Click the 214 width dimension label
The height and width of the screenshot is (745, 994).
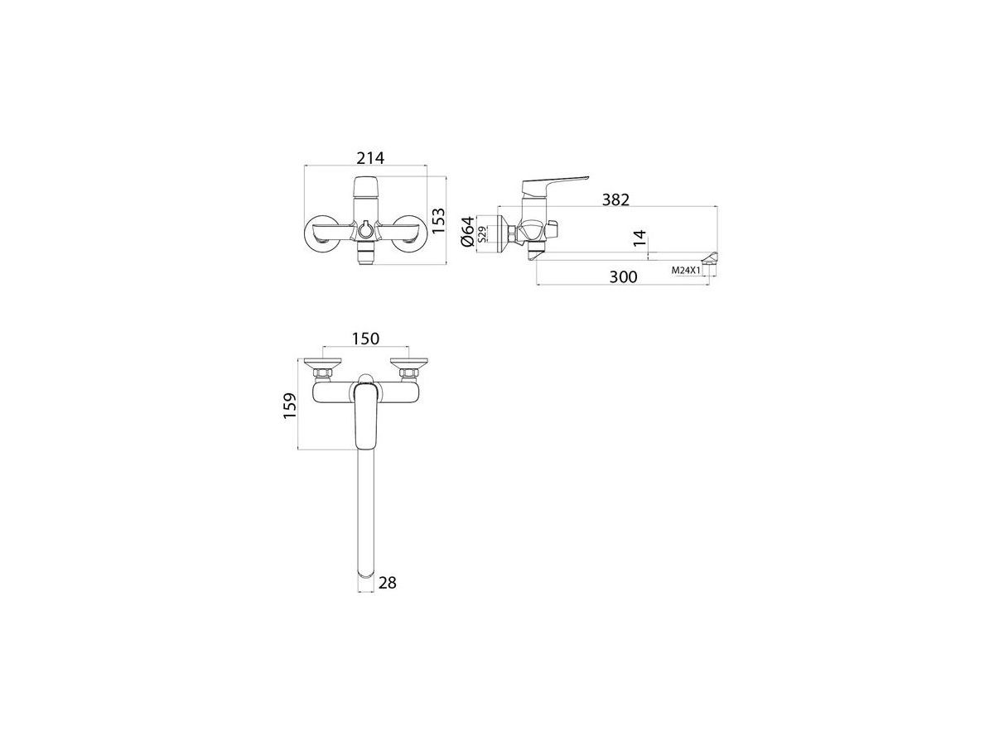click(x=370, y=158)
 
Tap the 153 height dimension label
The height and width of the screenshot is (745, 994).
click(x=438, y=221)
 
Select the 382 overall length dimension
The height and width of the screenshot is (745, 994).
click(x=615, y=199)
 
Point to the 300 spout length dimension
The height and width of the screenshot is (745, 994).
click(x=623, y=276)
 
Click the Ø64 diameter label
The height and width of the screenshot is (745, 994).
click(x=468, y=231)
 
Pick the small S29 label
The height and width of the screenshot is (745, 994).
click(x=483, y=234)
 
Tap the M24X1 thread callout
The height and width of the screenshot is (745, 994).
click(x=686, y=271)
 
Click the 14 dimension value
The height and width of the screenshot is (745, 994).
click(x=639, y=238)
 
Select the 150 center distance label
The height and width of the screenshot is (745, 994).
click(x=365, y=339)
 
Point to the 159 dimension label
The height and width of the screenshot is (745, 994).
click(x=290, y=406)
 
